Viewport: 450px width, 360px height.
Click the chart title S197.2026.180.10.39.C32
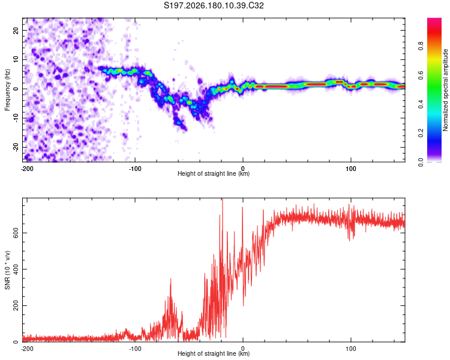point(214,5)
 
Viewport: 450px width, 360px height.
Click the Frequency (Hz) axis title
point(7,90)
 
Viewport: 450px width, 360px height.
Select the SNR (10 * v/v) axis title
point(7,270)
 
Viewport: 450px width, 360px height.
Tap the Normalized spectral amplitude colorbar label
point(445,90)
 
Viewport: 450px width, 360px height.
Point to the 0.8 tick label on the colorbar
point(421,46)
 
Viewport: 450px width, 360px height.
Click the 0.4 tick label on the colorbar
point(421,104)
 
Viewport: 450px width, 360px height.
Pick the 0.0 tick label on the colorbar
point(421,162)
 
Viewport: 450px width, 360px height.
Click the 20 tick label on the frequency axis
point(16,30)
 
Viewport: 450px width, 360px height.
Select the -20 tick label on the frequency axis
point(16,147)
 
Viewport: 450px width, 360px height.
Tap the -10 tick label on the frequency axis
point(16,118)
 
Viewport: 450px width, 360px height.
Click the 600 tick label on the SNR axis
point(16,233)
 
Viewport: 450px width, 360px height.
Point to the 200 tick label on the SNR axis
point(16,305)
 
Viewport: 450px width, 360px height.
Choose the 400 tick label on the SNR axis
point(16,269)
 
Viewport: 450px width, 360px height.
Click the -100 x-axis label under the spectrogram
point(135,169)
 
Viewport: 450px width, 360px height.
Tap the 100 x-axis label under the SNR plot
point(351,349)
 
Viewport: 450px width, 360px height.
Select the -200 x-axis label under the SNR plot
point(27,349)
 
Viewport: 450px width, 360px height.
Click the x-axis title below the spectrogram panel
point(214,173)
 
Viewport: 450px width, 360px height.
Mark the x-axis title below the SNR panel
point(214,353)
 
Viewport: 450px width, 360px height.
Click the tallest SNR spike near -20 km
point(222,199)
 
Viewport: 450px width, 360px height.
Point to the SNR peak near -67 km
point(171,280)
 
